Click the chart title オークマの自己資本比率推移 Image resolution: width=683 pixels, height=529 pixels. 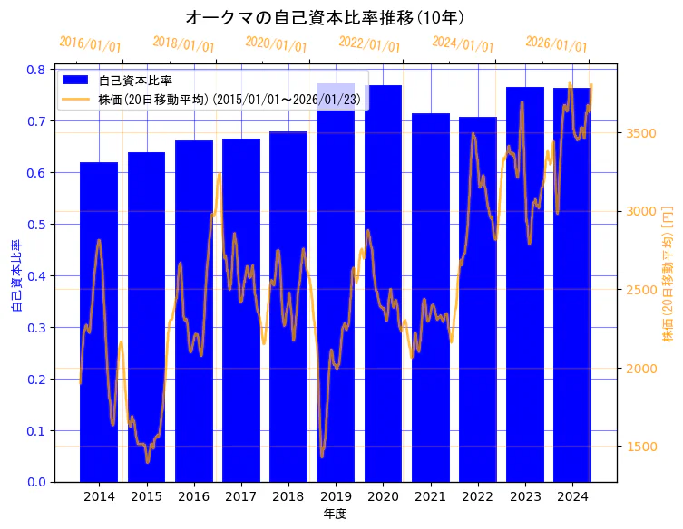pos(325,17)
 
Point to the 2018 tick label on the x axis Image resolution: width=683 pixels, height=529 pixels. pos(288,496)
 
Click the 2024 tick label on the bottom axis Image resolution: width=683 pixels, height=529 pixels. pos(572,496)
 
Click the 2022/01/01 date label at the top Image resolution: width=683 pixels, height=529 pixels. pos(369,44)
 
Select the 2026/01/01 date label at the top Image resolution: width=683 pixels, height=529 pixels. pos(556,44)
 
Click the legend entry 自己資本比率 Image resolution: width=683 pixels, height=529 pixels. pos(135,82)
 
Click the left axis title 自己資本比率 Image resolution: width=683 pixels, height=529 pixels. pos(15,275)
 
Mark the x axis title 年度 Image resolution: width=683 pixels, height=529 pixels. pos(335,514)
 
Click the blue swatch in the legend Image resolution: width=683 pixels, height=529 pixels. pos(76,82)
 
